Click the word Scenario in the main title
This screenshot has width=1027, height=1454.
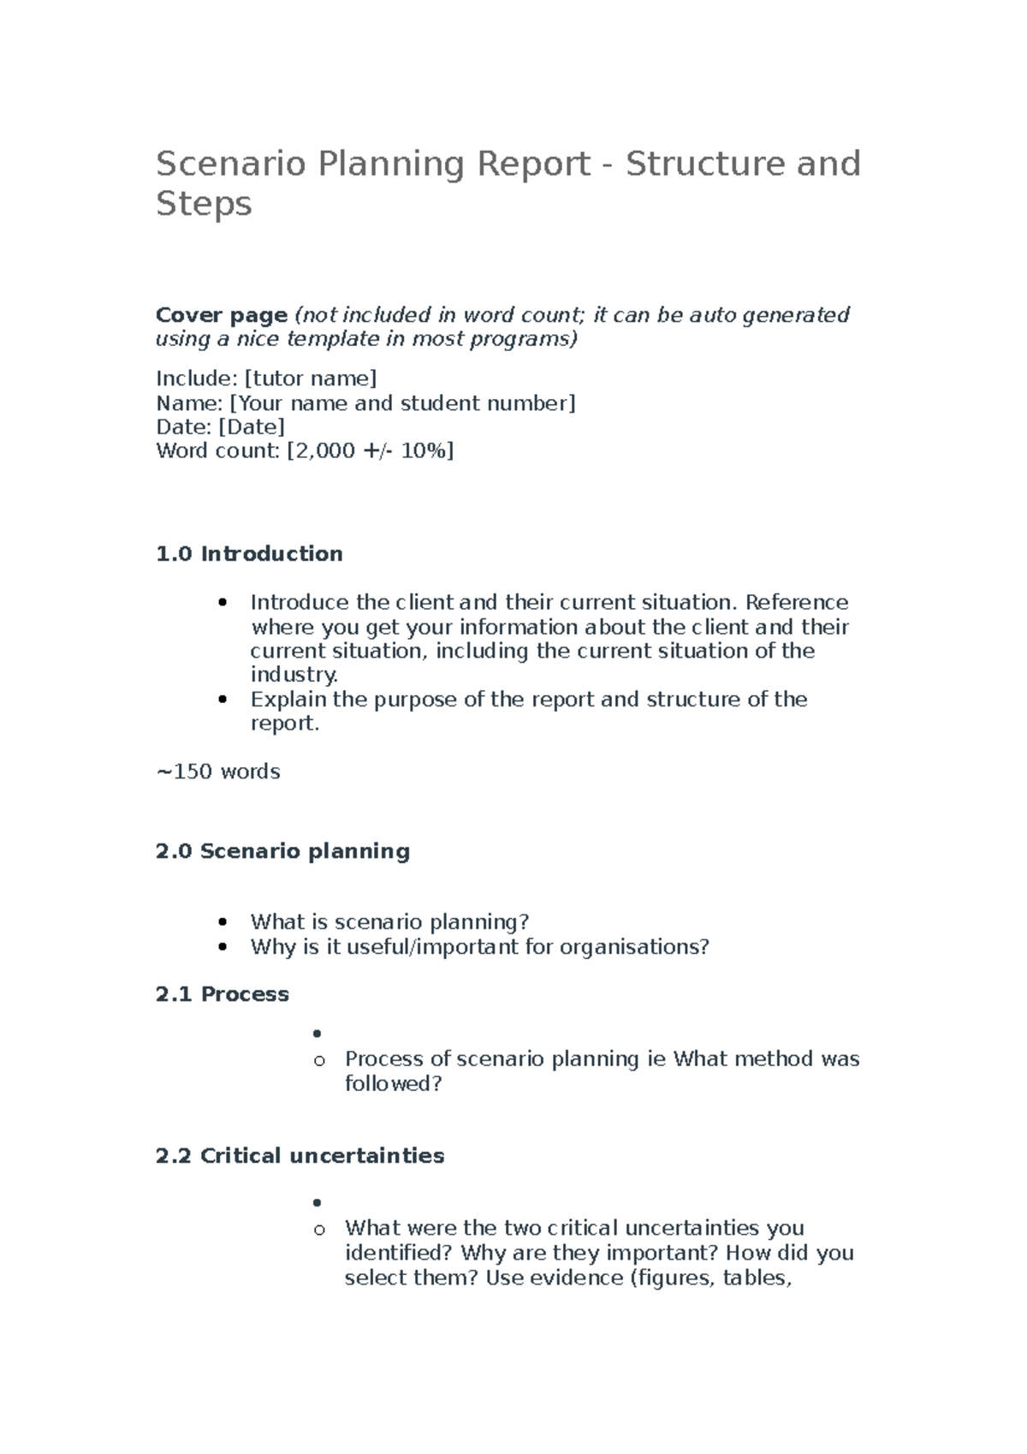(x=230, y=164)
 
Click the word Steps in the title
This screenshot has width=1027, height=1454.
(x=204, y=204)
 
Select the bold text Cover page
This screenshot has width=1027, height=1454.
(x=221, y=315)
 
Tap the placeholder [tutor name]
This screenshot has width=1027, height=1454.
(x=310, y=378)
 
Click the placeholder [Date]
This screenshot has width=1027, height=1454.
(x=252, y=426)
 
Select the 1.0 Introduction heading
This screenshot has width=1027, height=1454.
(x=249, y=554)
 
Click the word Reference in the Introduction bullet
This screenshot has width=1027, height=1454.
(x=797, y=602)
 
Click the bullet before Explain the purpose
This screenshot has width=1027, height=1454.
(x=223, y=700)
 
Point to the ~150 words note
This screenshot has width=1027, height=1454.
(x=218, y=772)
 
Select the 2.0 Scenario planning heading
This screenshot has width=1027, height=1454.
(x=282, y=851)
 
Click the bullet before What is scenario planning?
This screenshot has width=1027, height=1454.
(x=223, y=922)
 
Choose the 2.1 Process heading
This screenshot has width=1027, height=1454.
(x=223, y=994)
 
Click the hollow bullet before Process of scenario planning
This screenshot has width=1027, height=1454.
(x=319, y=1061)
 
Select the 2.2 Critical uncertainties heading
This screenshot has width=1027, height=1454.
(x=300, y=1156)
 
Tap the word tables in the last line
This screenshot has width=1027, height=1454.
(x=756, y=1278)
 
